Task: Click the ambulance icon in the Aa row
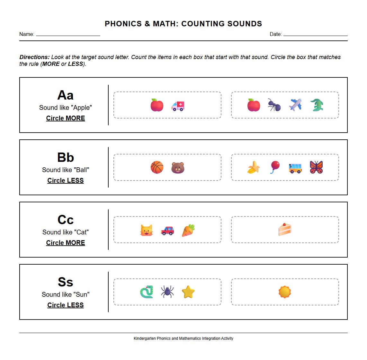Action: (178, 105)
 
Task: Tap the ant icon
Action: (274, 105)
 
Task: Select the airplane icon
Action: (295, 105)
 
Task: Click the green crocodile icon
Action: (317, 105)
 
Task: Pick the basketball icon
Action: (157, 168)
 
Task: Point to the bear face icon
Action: (178, 168)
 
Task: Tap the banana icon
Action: (254, 168)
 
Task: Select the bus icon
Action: (295, 168)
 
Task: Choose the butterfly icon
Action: (316, 167)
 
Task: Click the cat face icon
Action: (147, 230)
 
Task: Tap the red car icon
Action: (167, 230)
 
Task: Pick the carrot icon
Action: (188, 230)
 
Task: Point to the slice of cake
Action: (285, 229)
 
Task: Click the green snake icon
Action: (147, 292)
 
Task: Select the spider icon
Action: (167, 292)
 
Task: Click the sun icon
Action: (285, 292)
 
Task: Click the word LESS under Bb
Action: (75, 180)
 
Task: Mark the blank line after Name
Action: (68, 35)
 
